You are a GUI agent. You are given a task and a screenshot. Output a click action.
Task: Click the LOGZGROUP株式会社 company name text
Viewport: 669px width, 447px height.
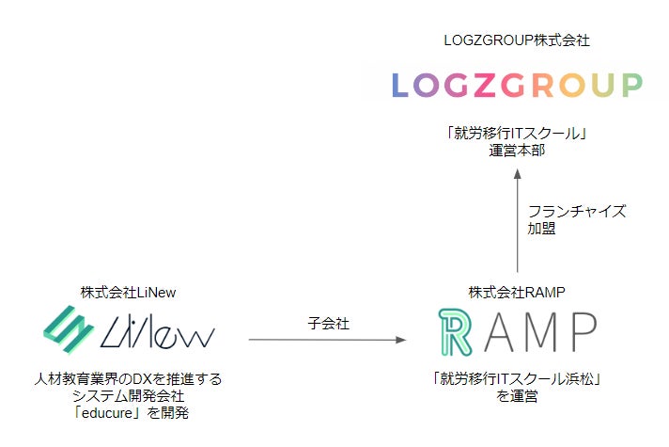point(518,41)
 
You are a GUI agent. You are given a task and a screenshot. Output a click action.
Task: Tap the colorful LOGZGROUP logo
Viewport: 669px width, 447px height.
point(517,85)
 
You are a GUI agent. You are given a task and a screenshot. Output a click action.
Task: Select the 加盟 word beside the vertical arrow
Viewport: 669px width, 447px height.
point(542,229)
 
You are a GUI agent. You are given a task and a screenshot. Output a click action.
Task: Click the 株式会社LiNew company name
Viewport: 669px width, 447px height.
point(129,293)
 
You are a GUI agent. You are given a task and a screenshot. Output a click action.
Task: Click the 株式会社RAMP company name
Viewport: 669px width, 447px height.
point(517,293)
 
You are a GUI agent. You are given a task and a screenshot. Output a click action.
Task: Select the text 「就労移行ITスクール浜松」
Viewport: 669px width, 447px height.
point(517,380)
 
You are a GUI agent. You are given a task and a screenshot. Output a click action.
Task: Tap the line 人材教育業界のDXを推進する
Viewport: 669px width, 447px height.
point(130,380)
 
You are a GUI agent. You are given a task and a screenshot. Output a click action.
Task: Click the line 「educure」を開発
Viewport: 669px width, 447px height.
point(130,414)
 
